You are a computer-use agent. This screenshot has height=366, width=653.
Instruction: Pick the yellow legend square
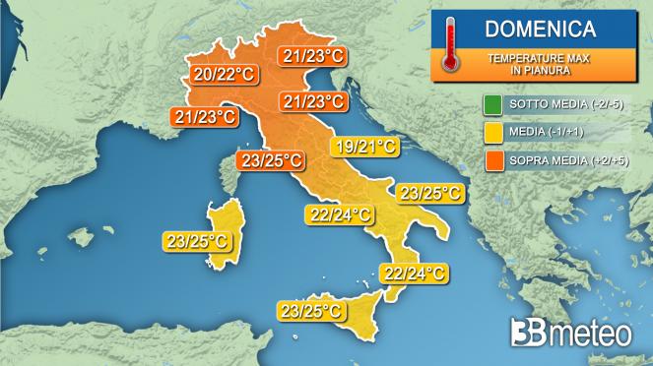point(492,131)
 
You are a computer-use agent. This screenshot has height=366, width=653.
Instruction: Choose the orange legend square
point(492,158)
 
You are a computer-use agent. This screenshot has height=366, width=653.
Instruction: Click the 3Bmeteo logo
point(571,334)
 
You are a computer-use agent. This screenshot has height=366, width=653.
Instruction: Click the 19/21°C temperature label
point(363,148)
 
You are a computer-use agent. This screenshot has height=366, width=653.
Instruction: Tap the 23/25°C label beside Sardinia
point(199,238)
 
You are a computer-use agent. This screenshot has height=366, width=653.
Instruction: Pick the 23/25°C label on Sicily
point(312,311)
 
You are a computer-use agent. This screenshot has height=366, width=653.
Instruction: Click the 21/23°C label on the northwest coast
point(204,117)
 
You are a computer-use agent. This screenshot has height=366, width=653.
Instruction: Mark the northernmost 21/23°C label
point(311,56)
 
